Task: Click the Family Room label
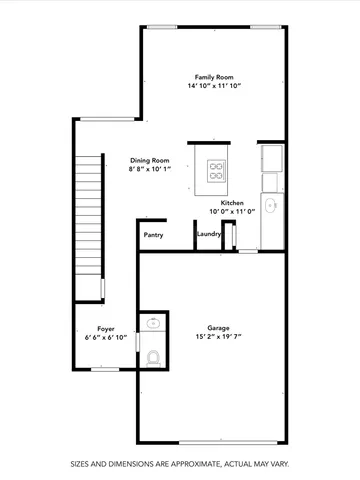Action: [x=214, y=77]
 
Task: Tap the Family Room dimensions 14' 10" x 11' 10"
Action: [x=214, y=87]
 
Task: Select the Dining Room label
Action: [x=150, y=160]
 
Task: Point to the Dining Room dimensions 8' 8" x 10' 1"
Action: [x=150, y=170]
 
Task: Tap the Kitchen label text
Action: [x=233, y=202]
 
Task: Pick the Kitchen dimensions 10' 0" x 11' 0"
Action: [x=233, y=212]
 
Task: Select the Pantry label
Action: [x=153, y=235]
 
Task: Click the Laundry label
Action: [x=208, y=235]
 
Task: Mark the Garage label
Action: [x=218, y=327]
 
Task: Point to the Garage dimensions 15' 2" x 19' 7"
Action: [x=218, y=337]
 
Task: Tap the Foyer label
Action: [x=105, y=328]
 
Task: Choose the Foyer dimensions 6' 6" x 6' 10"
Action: [x=105, y=338]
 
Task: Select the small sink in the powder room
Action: [x=152, y=322]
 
